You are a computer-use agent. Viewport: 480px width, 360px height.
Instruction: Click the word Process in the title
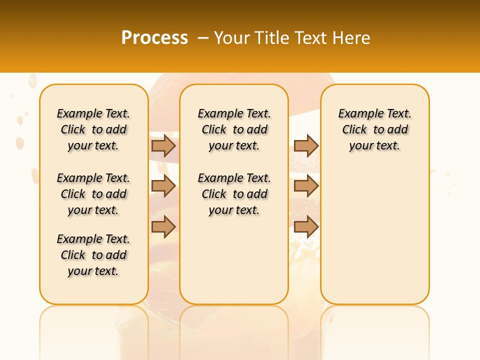tap(154, 37)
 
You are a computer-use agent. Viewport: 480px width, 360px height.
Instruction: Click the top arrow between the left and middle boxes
tap(163, 145)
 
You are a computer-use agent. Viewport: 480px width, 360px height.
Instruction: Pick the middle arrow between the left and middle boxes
tap(163, 186)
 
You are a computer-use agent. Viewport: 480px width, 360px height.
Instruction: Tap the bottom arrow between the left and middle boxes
tap(163, 227)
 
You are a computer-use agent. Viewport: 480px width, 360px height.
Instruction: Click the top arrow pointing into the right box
tap(306, 145)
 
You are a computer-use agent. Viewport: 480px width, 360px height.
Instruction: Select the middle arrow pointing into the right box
tap(306, 186)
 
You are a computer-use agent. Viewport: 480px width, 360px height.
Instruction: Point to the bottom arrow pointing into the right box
tap(306, 227)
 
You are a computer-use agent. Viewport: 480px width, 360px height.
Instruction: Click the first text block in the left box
tap(93, 129)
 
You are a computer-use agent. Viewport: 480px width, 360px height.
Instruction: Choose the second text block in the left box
tap(93, 194)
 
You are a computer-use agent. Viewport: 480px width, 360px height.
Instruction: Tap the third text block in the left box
tap(93, 255)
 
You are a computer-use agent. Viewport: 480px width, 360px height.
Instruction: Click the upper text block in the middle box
tap(234, 129)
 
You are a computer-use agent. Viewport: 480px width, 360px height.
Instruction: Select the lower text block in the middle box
tap(234, 194)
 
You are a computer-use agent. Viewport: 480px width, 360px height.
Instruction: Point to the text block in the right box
tap(374, 129)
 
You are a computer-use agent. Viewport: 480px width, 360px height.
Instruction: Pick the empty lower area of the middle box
tap(234, 260)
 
